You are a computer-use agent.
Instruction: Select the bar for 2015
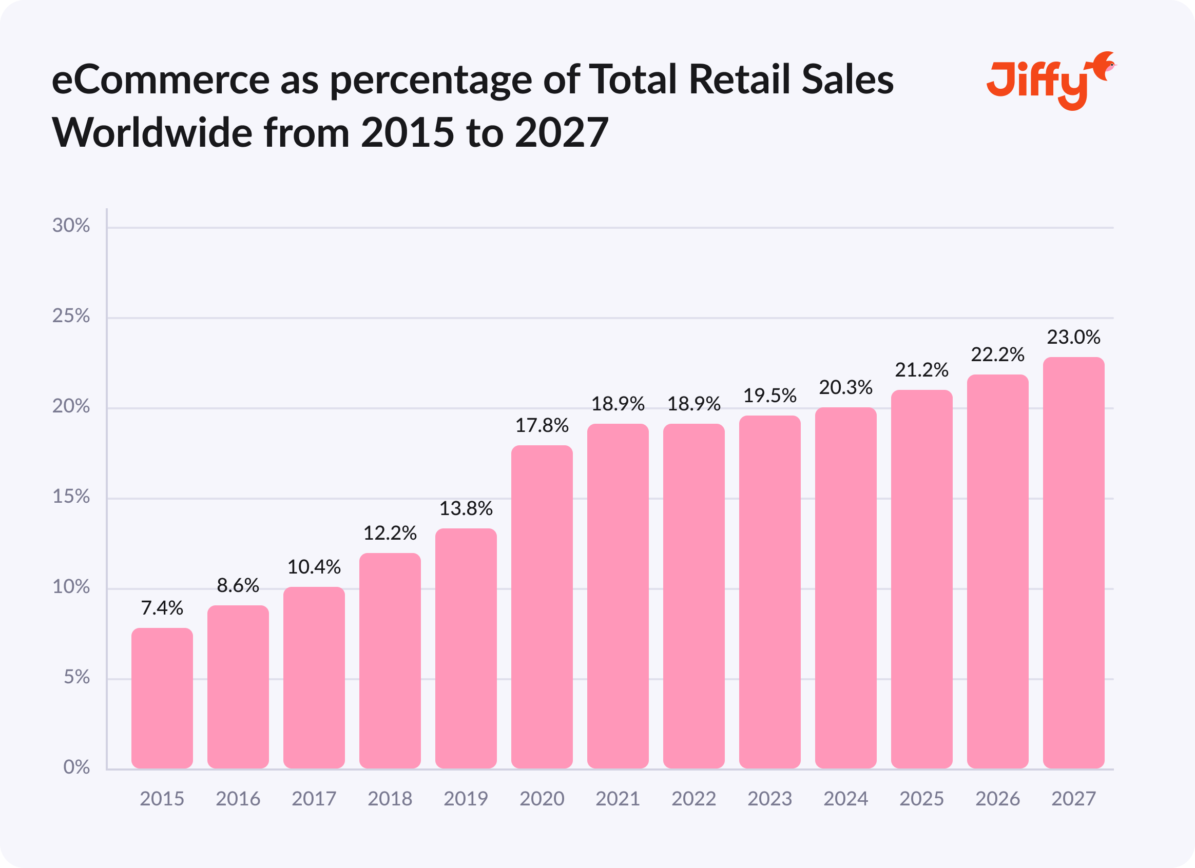pos(162,698)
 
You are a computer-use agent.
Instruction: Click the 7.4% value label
pos(162,608)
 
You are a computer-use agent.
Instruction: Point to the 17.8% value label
pos(542,426)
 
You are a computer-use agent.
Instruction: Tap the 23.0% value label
pos(1073,337)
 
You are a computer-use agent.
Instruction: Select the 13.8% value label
pos(466,508)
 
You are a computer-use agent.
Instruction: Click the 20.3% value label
pos(845,388)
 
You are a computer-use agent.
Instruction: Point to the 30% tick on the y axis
pos(71,226)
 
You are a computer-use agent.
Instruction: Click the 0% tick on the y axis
pos(76,767)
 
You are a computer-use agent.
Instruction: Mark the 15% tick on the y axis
pos(71,497)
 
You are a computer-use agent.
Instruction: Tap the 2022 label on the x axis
pos(693,799)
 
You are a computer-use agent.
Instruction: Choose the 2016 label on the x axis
pos(238,799)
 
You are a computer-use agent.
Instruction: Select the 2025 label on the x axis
pos(921,799)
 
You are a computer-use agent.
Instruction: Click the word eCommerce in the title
pos(161,80)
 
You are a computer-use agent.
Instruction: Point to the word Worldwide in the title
pos(152,133)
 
